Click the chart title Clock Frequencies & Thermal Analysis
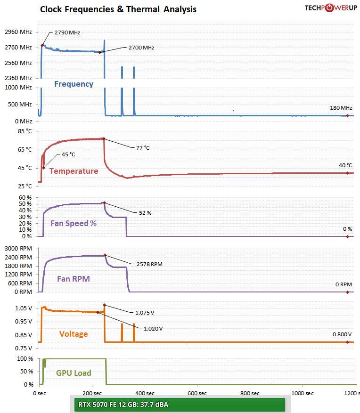coord(118,9)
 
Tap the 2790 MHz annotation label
coord(67,33)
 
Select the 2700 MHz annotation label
coord(141,48)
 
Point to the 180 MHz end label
coord(341,108)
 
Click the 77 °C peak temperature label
coord(142,148)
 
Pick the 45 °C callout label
coord(68,154)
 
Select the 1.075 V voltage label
coord(145,312)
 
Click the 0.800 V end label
coord(342,334)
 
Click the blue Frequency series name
coord(74,84)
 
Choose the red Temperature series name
coord(74,171)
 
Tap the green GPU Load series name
coord(74,373)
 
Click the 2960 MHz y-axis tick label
coord(18,32)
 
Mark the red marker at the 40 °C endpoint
coord(347,173)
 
